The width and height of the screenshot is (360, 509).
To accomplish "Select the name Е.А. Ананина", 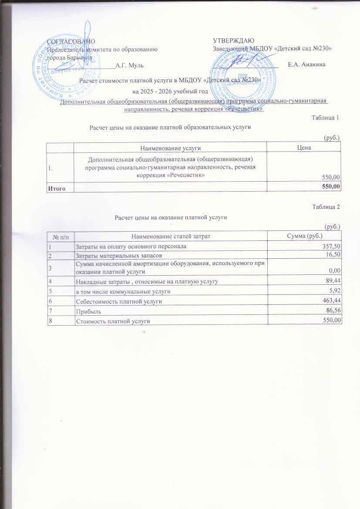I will coord(306,65).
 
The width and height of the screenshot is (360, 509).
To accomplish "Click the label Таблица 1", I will coord(326,118).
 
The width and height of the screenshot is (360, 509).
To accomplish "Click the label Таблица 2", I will coord(326,207).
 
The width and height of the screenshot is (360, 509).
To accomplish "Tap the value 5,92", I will coord(334,291).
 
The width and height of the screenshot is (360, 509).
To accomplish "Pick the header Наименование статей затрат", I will coord(171,236).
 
